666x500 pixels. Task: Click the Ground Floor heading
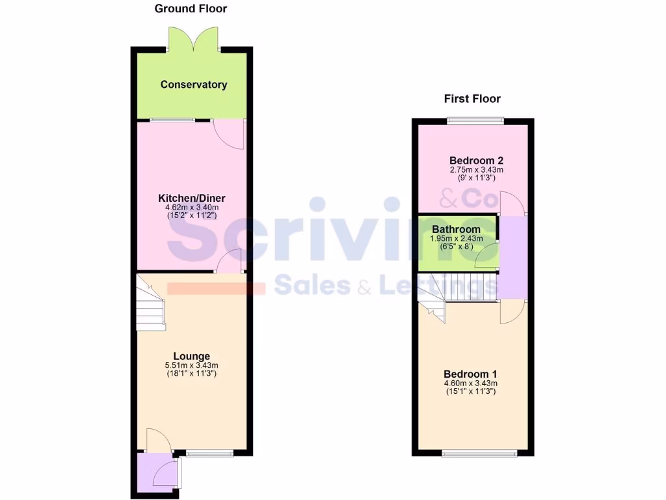point(191,8)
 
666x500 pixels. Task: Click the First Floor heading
point(472,99)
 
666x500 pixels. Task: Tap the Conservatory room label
point(194,85)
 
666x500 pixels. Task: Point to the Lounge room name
point(191,356)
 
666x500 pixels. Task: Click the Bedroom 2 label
point(476,160)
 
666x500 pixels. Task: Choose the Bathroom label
point(456,229)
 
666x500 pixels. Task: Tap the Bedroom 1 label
point(470,374)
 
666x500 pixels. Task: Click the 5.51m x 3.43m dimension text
point(191,365)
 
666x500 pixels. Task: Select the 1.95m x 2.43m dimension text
point(457,239)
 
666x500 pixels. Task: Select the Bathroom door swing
point(486,256)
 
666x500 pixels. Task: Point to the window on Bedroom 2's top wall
point(475,120)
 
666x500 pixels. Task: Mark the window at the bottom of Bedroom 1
point(479,453)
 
